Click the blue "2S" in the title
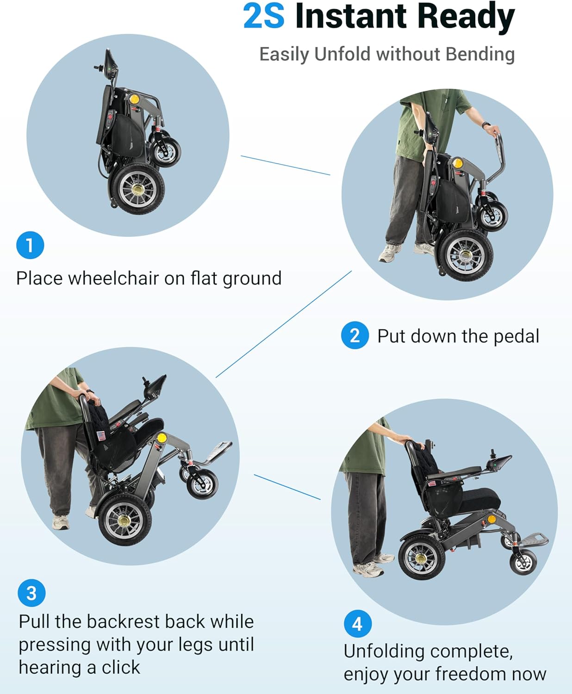(x=264, y=16)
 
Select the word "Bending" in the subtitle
(x=480, y=54)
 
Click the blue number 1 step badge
(x=30, y=245)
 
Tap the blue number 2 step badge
(x=355, y=335)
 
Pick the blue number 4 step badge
(x=358, y=624)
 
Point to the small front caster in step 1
(x=165, y=152)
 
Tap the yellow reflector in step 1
(x=134, y=99)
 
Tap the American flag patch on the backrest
(x=101, y=436)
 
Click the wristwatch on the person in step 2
(x=486, y=125)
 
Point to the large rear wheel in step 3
(x=125, y=520)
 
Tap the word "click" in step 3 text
(x=121, y=668)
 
